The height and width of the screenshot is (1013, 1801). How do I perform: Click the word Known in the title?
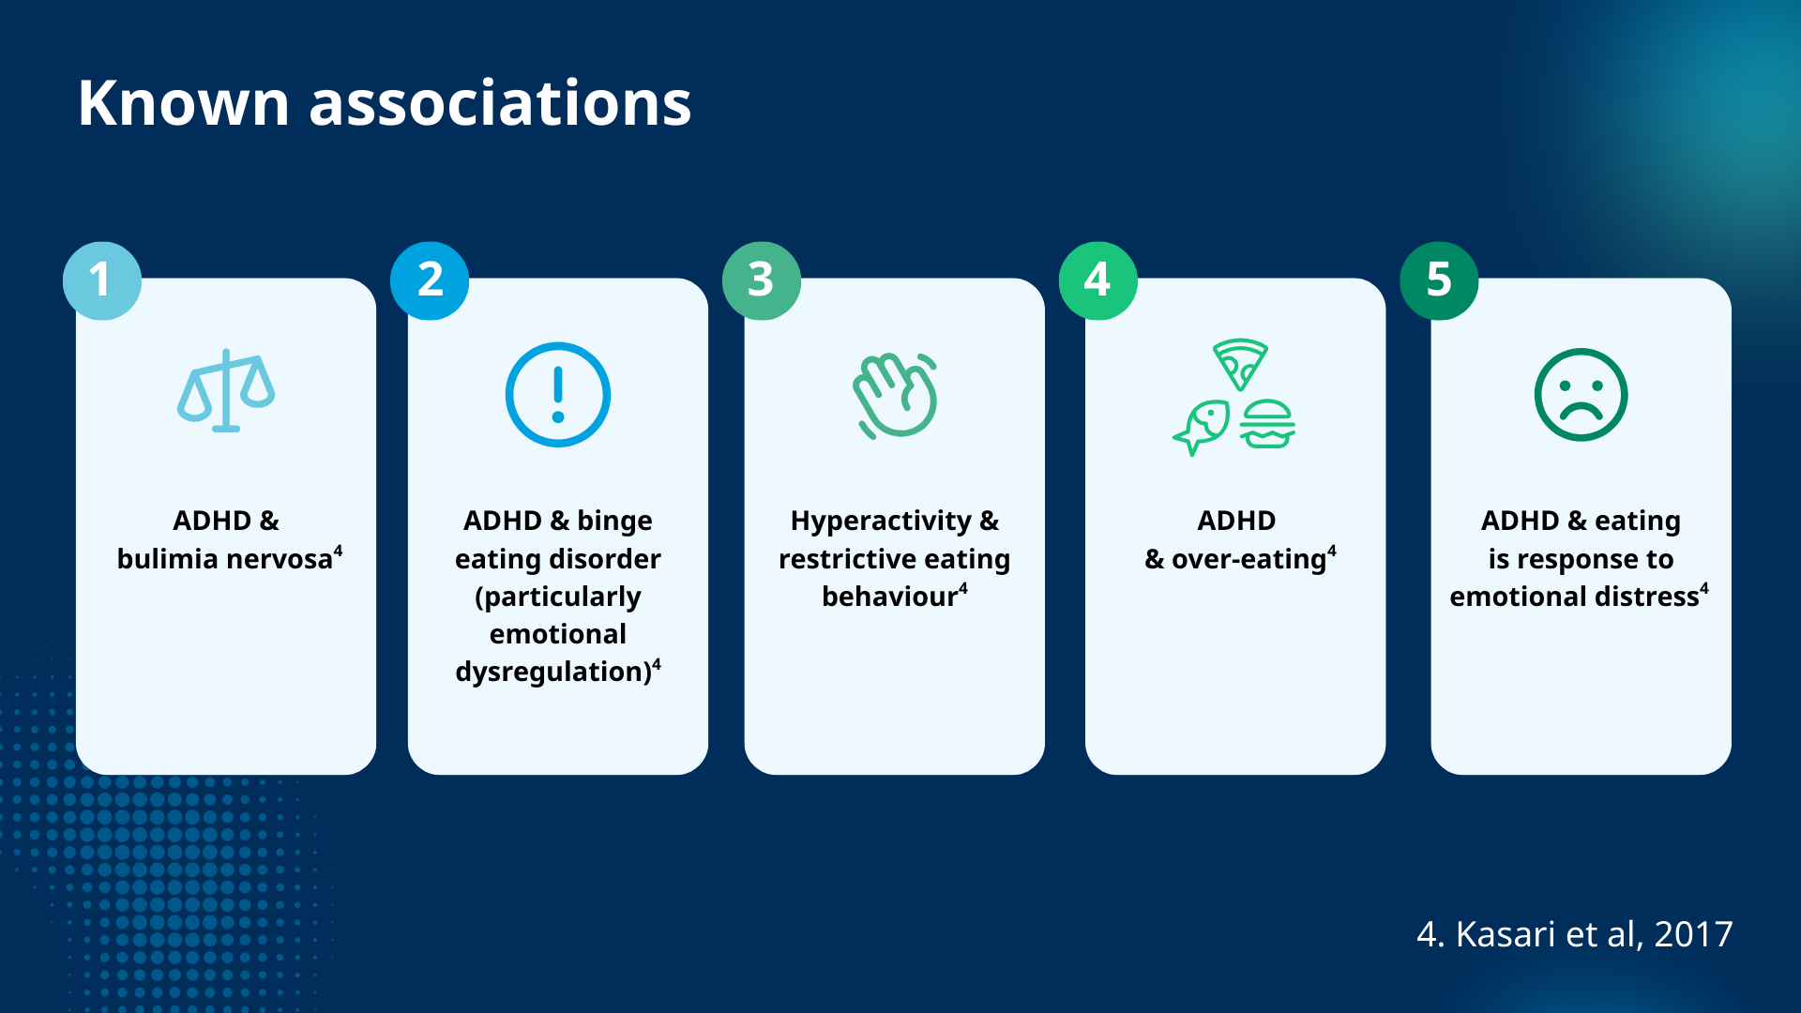183,102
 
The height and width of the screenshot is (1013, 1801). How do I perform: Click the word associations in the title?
500,102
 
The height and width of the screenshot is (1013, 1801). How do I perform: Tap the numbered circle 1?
101,280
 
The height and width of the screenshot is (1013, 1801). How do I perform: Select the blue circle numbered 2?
430,280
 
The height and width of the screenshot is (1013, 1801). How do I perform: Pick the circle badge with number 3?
762,280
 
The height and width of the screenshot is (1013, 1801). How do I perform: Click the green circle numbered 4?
1097,280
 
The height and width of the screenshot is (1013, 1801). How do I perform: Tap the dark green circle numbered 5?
1439,280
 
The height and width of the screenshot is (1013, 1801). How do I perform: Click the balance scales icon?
226,390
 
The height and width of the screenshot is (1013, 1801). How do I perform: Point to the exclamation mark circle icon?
558,395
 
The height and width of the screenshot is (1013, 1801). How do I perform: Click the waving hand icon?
895,395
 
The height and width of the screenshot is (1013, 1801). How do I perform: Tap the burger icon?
1267,424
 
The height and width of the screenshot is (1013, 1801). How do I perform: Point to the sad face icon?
1581,395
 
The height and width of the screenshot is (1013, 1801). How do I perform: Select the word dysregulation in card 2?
552,673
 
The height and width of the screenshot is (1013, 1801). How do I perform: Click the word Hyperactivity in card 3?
881,522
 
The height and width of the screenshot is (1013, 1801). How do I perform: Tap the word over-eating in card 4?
1249,560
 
